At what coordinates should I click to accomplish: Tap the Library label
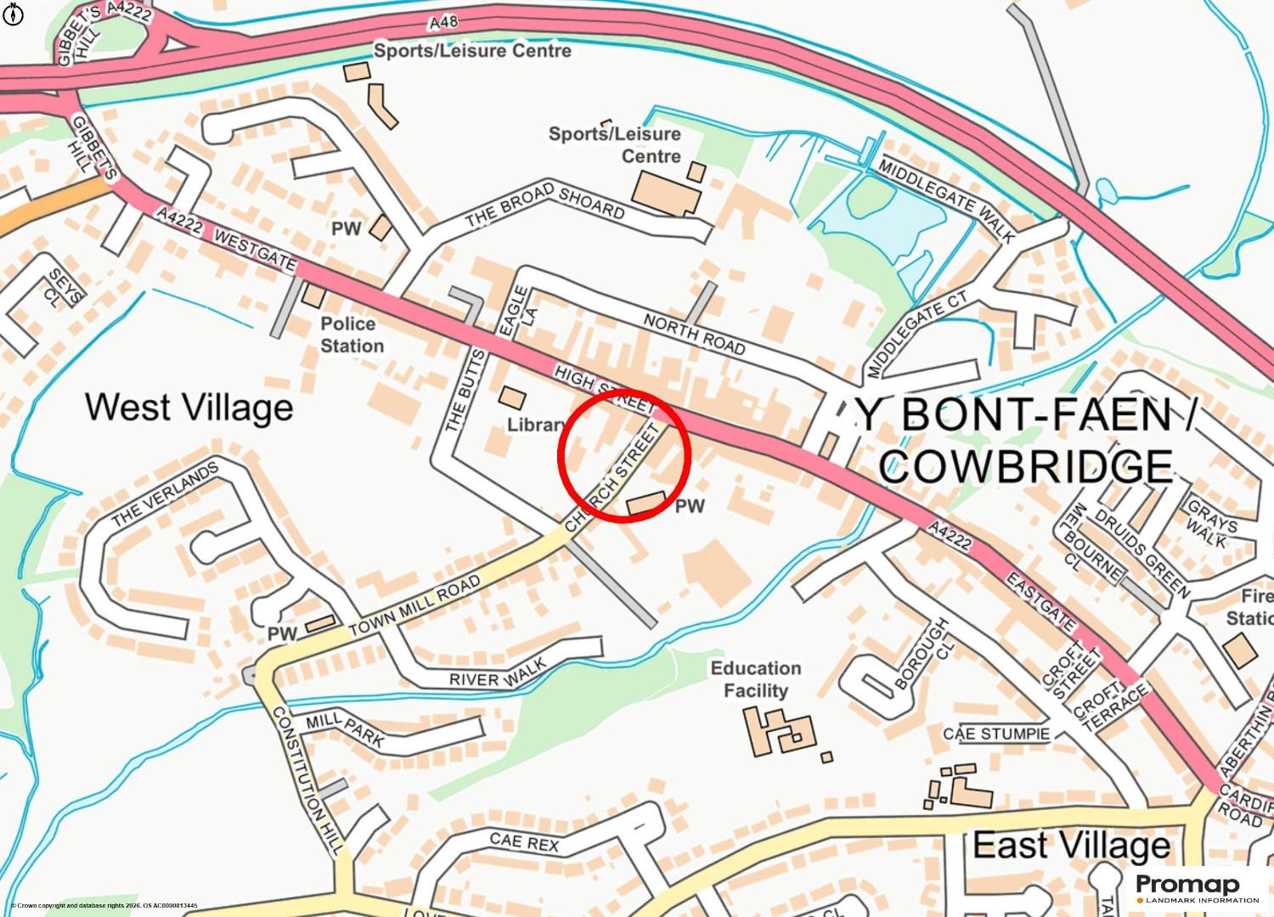pos(536,425)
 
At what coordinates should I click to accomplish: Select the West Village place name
pos(189,408)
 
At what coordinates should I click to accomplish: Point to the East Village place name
pos(1071,845)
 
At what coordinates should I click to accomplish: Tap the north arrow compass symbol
pos(14,14)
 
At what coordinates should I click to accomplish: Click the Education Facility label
pos(755,679)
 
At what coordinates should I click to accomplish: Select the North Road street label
pos(694,334)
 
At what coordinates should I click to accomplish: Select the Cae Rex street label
pos(524,841)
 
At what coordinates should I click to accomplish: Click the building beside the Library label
pos(511,397)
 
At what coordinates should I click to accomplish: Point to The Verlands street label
pos(165,493)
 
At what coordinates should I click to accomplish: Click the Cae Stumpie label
pos(996,734)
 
